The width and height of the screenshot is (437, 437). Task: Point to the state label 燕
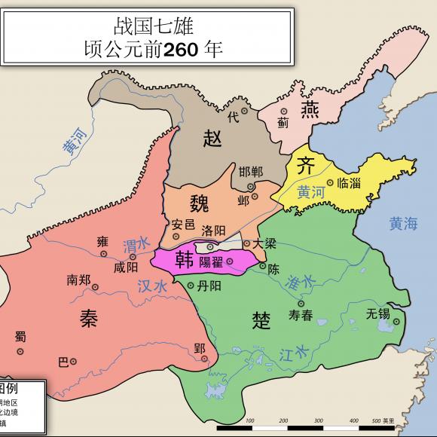point(310,111)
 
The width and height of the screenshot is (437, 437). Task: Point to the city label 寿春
point(301,316)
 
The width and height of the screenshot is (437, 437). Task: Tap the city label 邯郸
point(251,171)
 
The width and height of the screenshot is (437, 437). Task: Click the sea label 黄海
point(403,223)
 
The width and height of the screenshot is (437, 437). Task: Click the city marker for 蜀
point(20,350)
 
